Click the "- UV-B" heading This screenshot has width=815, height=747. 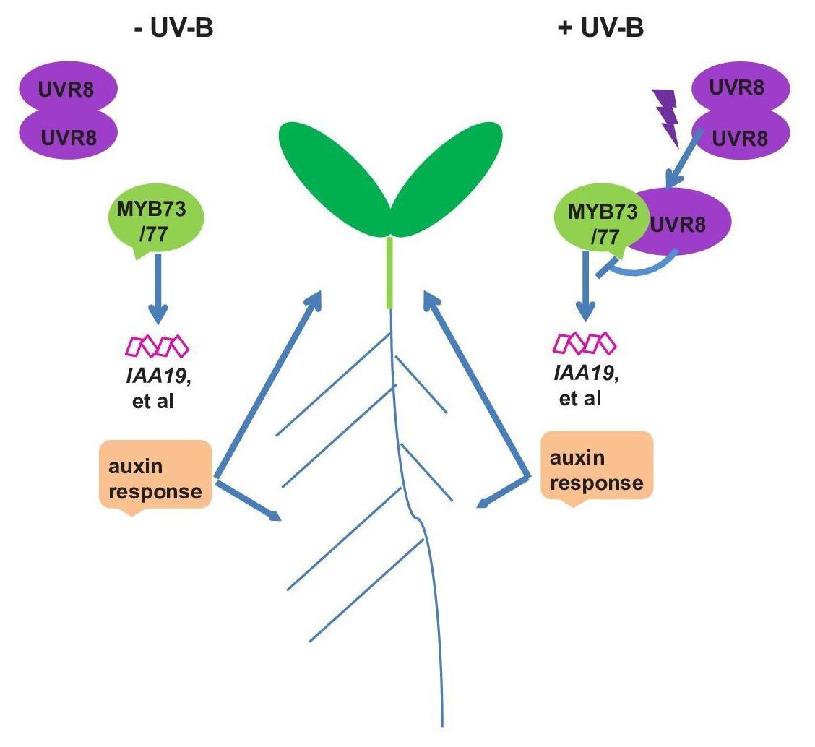173,30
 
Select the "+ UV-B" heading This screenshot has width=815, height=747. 600,30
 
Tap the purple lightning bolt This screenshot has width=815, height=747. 667,116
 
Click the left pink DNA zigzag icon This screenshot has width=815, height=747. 157,347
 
